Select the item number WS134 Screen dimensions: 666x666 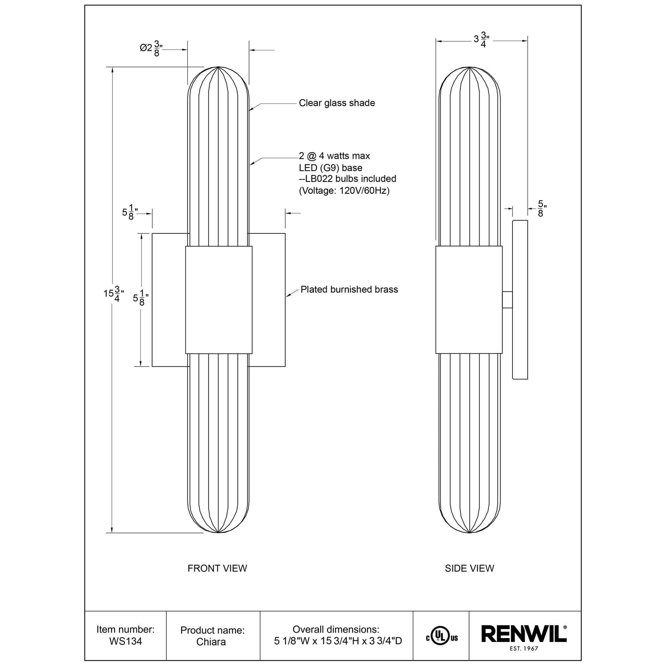126,641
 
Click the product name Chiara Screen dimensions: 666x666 211,642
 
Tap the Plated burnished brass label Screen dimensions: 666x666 349,289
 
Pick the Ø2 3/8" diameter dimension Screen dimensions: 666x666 151,48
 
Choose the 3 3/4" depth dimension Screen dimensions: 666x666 482,40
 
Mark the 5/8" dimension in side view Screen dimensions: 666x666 540,208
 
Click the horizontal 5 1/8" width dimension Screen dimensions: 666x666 130,212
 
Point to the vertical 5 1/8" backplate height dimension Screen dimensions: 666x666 141,298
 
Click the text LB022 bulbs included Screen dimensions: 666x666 347,179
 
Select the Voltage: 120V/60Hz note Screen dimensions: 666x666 344,190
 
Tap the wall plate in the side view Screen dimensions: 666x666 520,300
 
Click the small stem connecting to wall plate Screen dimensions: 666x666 507,300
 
